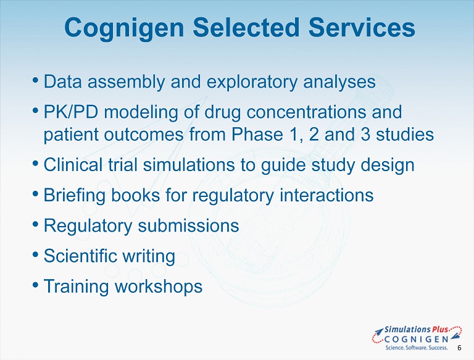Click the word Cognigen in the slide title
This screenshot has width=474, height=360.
(124, 28)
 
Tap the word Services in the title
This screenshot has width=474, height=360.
(362, 27)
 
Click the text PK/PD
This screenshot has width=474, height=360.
(71, 112)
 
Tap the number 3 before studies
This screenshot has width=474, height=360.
(365, 135)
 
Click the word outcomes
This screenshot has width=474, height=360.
(144, 135)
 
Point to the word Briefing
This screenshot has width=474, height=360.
(75, 195)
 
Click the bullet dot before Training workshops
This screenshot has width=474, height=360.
(35, 285)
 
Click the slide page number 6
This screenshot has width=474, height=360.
(459, 348)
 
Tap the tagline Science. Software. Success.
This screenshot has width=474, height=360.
(416, 347)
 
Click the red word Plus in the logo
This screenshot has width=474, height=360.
(440, 329)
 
